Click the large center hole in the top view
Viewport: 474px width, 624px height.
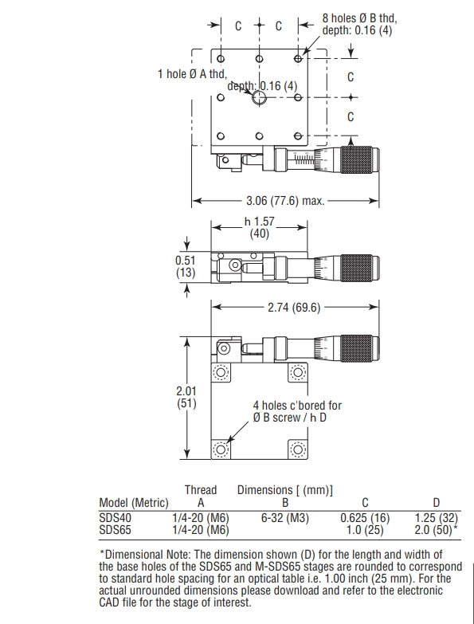pyautogui.click(x=259, y=97)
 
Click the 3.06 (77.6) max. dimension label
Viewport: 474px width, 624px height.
pyautogui.click(x=285, y=201)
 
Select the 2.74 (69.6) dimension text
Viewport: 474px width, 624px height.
pyautogui.click(x=294, y=308)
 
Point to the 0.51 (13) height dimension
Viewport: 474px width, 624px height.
pyautogui.click(x=186, y=267)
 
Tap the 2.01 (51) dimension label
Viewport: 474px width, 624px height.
pyautogui.click(x=186, y=397)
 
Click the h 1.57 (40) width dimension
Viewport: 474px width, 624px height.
pyautogui.click(x=259, y=227)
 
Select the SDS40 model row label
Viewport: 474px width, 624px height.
pyautogui.click(x=115, y=518)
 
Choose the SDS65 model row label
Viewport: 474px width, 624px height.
pyautogui.click(x=115, y=530)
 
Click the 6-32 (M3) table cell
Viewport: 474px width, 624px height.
pyautogui.click(x=285, y=518)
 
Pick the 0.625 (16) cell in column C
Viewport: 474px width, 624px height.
pyautogui.click(x=365, y=518)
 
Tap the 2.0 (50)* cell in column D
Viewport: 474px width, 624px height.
pyautogui.click(x=436, y=530)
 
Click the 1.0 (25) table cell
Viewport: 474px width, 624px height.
pyautogui.click(x=365, y=530)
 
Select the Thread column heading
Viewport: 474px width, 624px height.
pyautogui.click(x=201, y=490)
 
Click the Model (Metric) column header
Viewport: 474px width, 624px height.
pyautogui.click(x=134, y=503)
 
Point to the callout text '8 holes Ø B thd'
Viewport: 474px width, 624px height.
pyautogui.click(x=359, y=18)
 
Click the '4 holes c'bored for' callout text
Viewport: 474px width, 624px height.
pyautogui.click(x=297, y=406)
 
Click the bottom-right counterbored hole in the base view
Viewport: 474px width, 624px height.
pyautogui.click(x=298, y=449)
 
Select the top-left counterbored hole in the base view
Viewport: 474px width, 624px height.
pyautogui.click(x=221, y=372)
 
